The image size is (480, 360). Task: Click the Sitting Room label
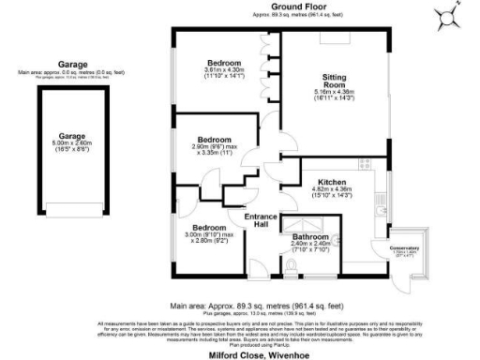[335, 79]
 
